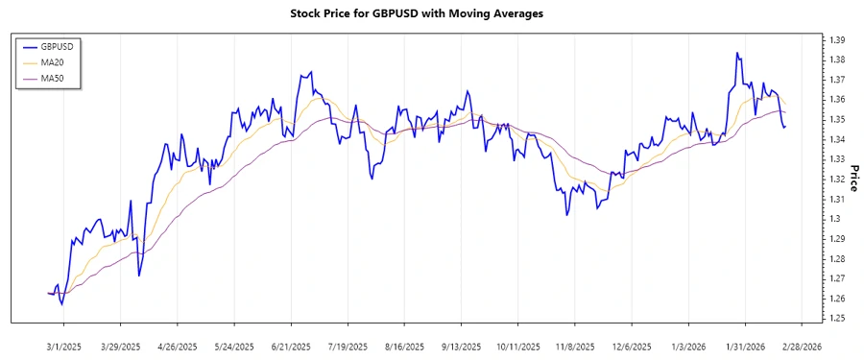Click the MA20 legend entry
[52, 62]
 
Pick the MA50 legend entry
[52, 79]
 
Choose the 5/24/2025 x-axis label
[234, 346]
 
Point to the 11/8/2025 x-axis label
[574, 346]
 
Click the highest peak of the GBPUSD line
[737, 53]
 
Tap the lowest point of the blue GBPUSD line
[62, 304]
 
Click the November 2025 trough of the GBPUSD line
[567, 215]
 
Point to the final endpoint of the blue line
[784, 127]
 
